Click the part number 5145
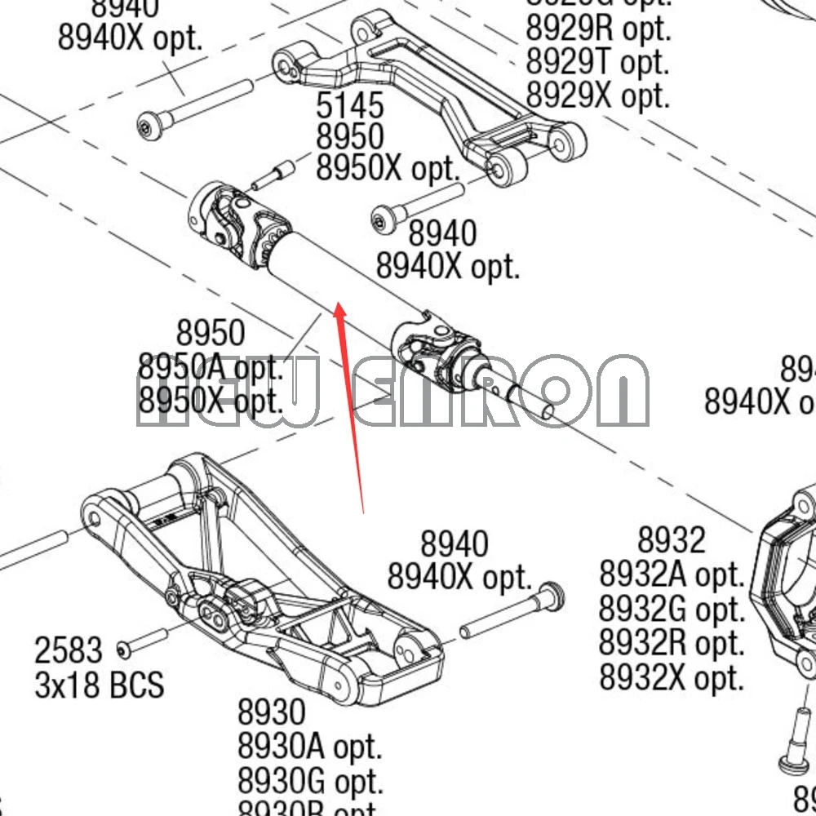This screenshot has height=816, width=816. tap(349, 105)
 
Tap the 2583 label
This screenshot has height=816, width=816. tap(69, 651)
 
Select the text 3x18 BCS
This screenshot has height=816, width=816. tap(99, 685)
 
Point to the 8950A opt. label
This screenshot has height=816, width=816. tap(210, 367)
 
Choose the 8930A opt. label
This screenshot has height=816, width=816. tap(309, 746)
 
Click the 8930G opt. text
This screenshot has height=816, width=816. tap(310, 781)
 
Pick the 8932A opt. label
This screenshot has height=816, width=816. tap(672, 574)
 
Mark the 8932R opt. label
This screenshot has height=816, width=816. tap(672, 643)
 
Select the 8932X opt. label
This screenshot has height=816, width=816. tap(672, 677)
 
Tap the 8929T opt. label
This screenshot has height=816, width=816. tap(597, 62)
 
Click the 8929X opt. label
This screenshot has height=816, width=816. tap(597, 96)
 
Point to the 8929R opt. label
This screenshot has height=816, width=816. tap(597, 29)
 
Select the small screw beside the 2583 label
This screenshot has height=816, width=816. tap(142, 642)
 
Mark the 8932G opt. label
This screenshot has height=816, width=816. tap(672, 609)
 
